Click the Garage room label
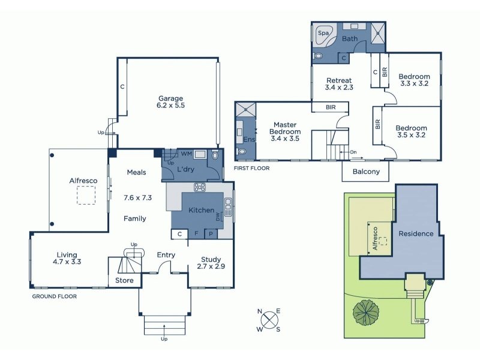pos(170,98)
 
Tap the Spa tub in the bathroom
pos(325,35)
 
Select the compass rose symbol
pos(269,320)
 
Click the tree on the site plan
pos(366,313)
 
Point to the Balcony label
pos(366,172)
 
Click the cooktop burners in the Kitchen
pos(200,187)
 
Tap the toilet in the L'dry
pos(215,155)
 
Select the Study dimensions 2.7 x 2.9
pos(211,266)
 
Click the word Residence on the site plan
pos(416,234)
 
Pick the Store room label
pos(124,280)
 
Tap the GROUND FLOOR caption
pos(55,296)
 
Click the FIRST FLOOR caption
pos(251,168)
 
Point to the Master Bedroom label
pos(285,128)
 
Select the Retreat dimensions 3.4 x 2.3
pos(339,88)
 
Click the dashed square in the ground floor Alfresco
pos(86,195)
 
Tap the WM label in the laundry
pos(187,154)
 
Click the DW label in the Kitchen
pos(218,217)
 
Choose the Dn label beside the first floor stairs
pos(353,152)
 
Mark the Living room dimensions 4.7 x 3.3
pos(67,262)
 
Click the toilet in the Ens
pos(242,152)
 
